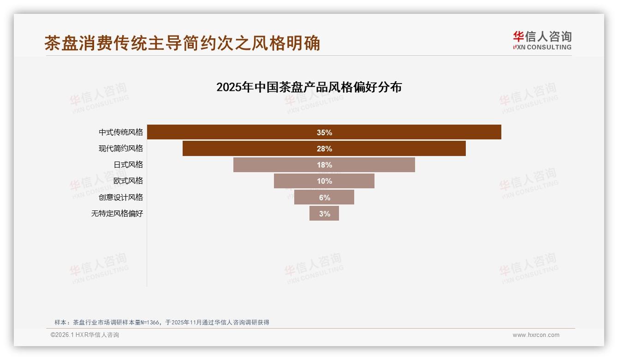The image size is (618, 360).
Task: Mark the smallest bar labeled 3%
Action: click(x=324, y=213)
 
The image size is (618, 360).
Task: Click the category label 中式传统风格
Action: click(x=121, y=132)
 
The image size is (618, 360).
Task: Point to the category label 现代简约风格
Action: click(x=121, y=149)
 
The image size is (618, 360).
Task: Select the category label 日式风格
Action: click(x=128, y=165)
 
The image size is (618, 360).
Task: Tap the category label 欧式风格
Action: click(x=128, y=181)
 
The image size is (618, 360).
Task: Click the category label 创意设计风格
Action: click(x=121, y=197)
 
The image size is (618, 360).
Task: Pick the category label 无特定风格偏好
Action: click(x=117, y=214)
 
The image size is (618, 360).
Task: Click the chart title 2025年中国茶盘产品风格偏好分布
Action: click(x=309, y=87)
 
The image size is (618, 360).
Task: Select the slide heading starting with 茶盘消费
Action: click(x=182, y=43)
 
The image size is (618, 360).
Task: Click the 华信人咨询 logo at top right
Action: click(x=542, y=37)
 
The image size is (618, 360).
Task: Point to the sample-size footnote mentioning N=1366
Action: click(x=161, y=322)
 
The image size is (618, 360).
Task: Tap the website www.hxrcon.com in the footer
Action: click(x=536, y=335)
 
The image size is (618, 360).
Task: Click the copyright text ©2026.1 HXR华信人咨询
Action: click(x=85, y=335)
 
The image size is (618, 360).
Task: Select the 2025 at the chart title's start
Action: click(x=228, y=87)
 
